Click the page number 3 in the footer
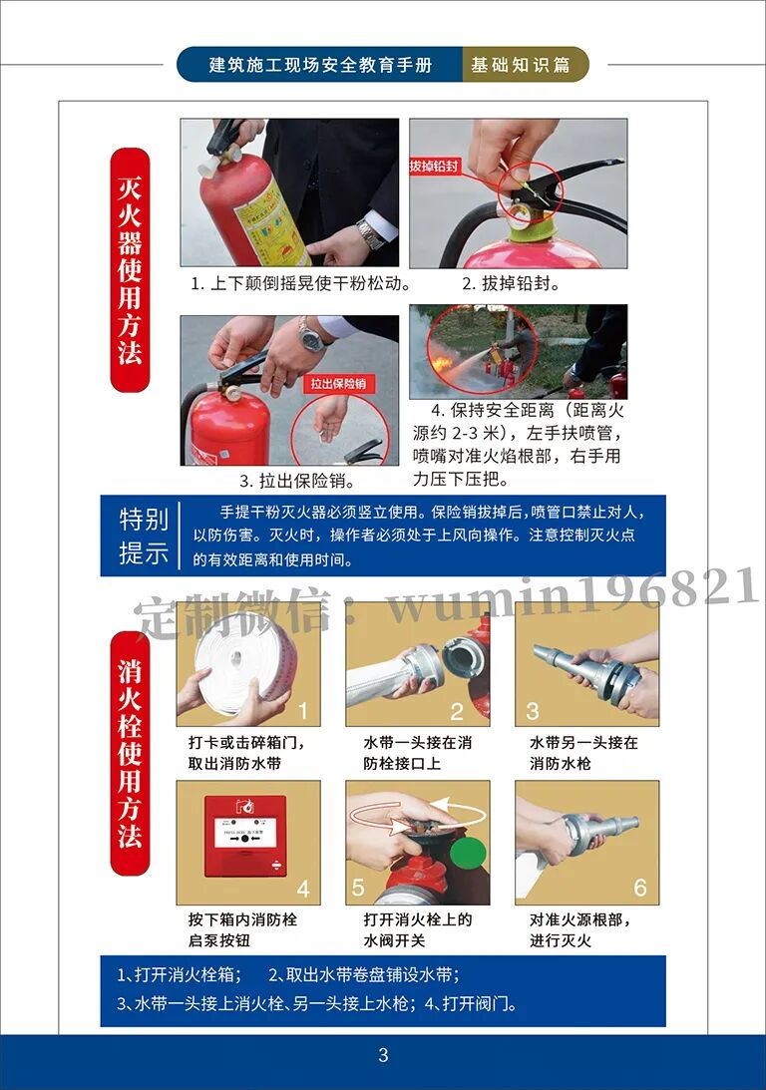click(x=383, y=1055)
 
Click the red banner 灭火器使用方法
click(x=130, y=269)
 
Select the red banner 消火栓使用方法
click(x=130, y=753)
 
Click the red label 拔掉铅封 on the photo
click(x=435, y=166)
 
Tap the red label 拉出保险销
click(x=338, y=383)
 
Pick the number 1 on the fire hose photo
click(x=303, y=711)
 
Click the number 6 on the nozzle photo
click(x=640, y=888)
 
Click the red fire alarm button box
click(x=245, y=837)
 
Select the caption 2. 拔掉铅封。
click(x=511, y=283)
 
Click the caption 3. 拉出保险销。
click(x=297, y=481)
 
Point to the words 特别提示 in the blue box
click(x=144, y=536)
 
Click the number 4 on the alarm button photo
click(x=303, y=890)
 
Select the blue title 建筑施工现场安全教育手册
click(x=320, y=65)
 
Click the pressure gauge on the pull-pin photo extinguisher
click(x=232, y=394)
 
